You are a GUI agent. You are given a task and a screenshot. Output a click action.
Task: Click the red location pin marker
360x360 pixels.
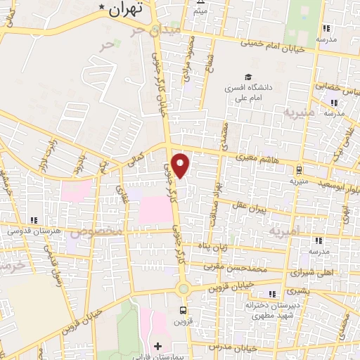click(181, 166)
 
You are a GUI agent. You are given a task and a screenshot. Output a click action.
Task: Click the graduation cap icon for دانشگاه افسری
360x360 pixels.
click(247, 77)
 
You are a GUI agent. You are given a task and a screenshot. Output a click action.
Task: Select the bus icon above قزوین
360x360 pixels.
click(184, 309)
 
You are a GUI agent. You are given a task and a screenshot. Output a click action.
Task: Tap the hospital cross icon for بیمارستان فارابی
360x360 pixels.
click(157, 346)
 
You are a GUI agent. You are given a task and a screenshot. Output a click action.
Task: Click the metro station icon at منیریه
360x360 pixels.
click(300, 169)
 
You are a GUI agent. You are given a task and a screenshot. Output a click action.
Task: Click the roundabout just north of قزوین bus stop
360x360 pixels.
click(183, 288)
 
